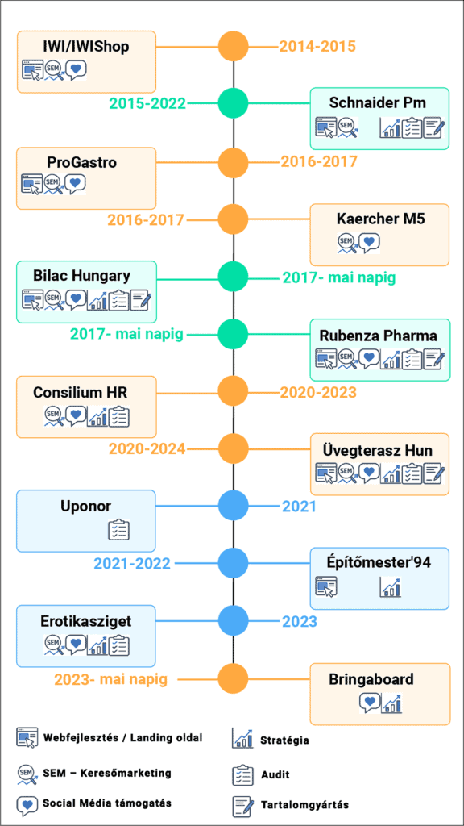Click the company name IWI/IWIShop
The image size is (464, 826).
click(86, 46)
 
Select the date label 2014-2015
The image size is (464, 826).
click(317, 46)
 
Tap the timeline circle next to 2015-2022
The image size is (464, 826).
click(233, 104)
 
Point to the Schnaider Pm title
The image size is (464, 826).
click(378, 103)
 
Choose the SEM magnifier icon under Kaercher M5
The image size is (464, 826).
click(348, 244)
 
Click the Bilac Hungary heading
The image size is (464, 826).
click(81, 276)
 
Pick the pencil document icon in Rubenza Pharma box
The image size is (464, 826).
click(434, 359)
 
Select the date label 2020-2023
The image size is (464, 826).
click(318, 393)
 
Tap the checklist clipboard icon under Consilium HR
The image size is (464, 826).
click(119, 416)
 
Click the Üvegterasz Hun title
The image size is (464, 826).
click(378, 451)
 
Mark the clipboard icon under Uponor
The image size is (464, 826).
click(119, 530)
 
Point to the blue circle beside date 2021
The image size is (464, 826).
click(233, 507)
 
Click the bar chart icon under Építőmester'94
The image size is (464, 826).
click(391, 587)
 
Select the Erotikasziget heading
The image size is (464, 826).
click(85, 620)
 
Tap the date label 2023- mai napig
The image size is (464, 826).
click(110, 679)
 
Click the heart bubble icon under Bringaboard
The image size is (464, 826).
click(369, 703)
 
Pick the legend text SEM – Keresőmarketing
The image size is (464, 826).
click(107, 774)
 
